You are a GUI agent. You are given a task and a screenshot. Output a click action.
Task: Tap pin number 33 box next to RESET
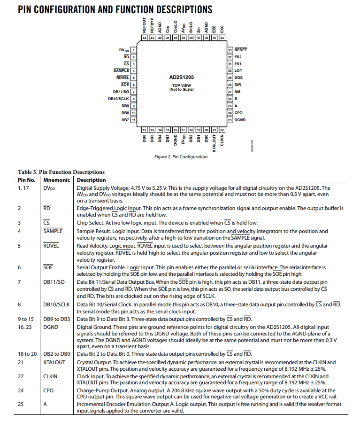(x=230, y=49)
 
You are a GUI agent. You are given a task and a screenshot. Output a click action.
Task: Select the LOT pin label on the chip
(x=238, y=70)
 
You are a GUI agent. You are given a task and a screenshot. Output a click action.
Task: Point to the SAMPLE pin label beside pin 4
(x=121, y=70)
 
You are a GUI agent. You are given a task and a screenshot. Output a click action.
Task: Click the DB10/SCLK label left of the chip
(x=118, y=99)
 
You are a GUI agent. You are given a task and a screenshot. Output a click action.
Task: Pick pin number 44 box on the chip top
(x=145, y=37)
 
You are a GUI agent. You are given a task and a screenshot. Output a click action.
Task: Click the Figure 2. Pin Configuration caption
(x=181, y=157)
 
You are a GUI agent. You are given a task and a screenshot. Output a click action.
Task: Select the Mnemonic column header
(x=57, y=180)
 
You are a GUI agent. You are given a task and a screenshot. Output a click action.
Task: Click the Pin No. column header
(x=27, y=180)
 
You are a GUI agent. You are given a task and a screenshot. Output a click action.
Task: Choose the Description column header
(x=92, y=180)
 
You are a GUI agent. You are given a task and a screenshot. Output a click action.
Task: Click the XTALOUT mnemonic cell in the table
(x=54, y=362)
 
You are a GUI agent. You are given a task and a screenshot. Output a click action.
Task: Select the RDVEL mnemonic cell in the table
(x=51, y=246)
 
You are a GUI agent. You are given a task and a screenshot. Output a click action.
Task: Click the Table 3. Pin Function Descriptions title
(x=61, y=172)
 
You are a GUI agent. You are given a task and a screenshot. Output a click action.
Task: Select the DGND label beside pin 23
(x=240, y=120)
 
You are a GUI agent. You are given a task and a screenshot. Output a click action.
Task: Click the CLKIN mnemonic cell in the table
(x=51, y=376)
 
